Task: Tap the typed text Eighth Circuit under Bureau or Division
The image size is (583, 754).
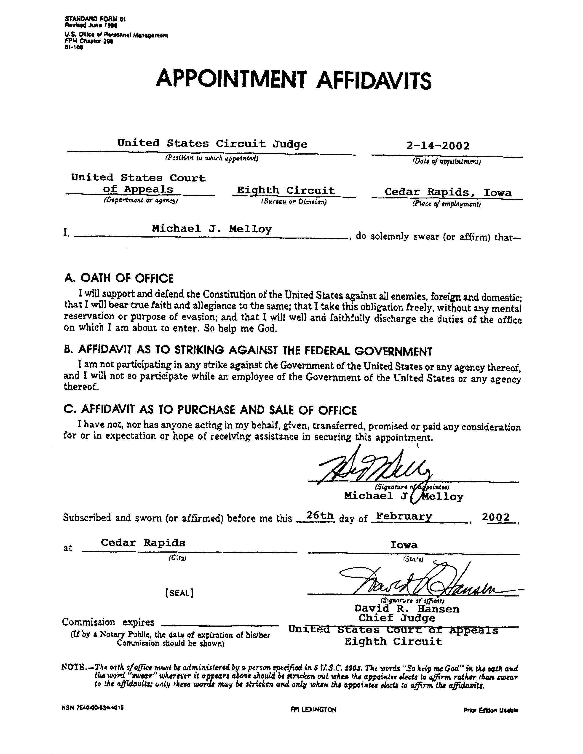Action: (286, 191)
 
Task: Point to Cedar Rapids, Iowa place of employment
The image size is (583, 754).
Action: (448, 192)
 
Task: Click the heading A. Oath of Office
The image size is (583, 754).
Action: (119, 278)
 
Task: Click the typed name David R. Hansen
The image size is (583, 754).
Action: (407, 609)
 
